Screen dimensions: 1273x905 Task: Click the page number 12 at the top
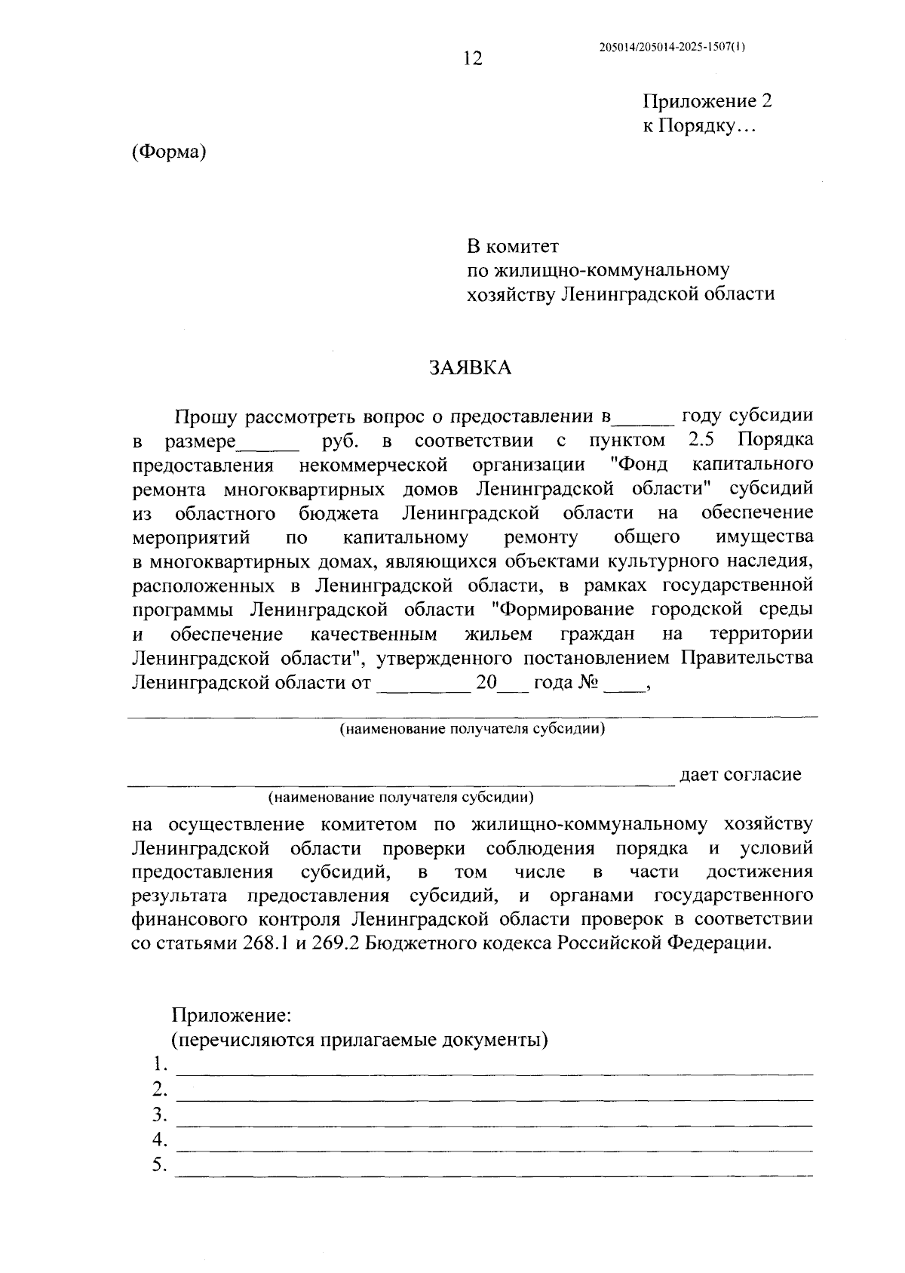[x=473, y=59]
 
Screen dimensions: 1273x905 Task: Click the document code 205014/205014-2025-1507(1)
[x=671, y=47]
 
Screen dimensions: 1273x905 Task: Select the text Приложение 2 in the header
[x=707, y=102]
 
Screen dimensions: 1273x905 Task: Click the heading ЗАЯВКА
[x=470, y=367]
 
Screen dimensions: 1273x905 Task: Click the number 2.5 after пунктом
[x=701, y=440]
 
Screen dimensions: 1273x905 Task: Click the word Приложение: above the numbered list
[x=231, y=1015]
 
